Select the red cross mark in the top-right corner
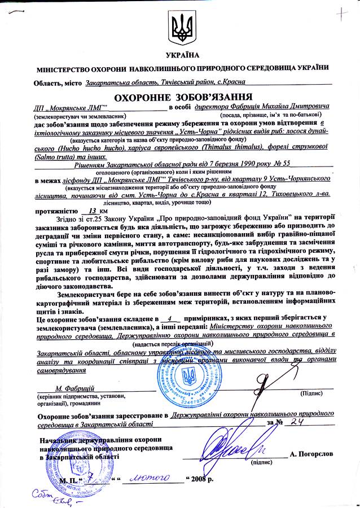tap(340, 12)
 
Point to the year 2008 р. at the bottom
tap(204, 479)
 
